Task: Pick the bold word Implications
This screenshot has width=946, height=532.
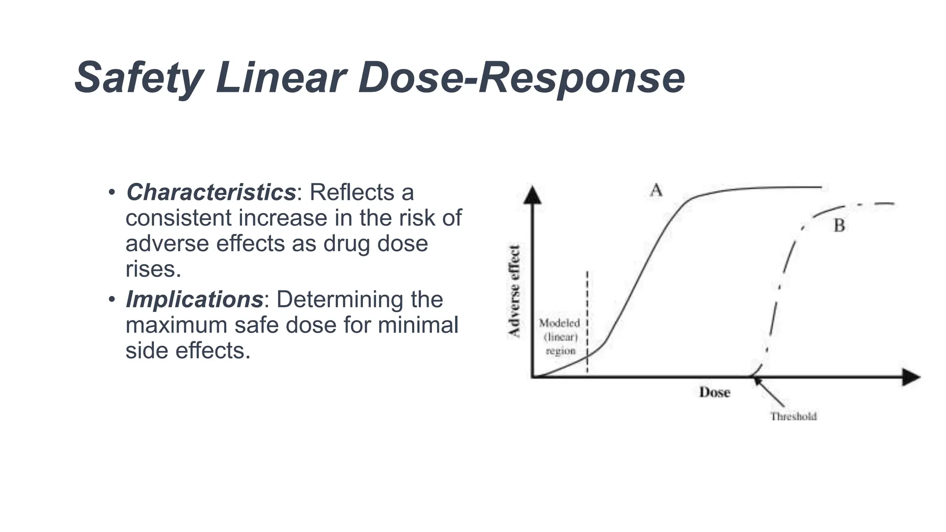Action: (x=194, y=299)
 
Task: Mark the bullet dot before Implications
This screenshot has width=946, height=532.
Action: (x=111, y=299)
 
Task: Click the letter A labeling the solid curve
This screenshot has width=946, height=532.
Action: (x=656, y=190)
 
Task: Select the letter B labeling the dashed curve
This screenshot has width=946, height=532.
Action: (x=839, y=226)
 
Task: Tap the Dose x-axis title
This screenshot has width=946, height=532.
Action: (x=714, y=393)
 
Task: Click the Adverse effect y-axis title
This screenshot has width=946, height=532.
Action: (x=514, y=291)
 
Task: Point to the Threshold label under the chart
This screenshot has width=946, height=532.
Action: (x=793, y=417)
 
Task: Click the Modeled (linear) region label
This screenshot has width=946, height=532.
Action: (x=560, y=337)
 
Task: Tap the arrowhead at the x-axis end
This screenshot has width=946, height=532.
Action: (x=911, y=377)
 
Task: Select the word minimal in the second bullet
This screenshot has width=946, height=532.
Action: (x=418, y=325)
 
